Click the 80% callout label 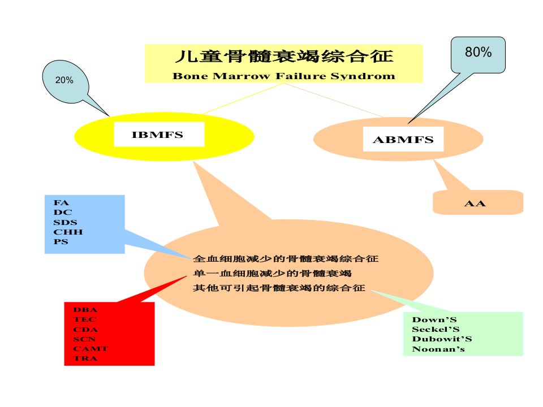pyautogui.click(x=478, y=52)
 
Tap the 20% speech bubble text pyautogui.click(x=64, y=80)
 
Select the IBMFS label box pyautogui.click(x=159, y=135)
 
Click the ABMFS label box pyautogui.click(x=403, y=139)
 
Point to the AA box pyautogui.click(x=478, y=202)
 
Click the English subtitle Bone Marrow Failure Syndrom pyautogui.click(x=283, y=76)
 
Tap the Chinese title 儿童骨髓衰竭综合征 pyautogui.click(x=285, y=57)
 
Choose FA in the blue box pyautogui.click(x=61, y=203)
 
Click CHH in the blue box pyautogui.click(x=68, y=232)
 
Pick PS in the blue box pyautogui.click(x=61, y=241)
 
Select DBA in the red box pyautogui.click(x=85, y=310)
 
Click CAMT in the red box pyautogui.click(x=90, y=349)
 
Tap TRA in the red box pyautogui.click(x=85, y=358)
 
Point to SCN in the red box pyautogui.click(x=84, y=339)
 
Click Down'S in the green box pyautogui.click(x=434, y=319)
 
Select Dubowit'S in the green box pyautogui.click(x=442, y=339)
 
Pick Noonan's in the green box pyautogui.click(x=438, y=349)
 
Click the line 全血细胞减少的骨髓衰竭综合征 pyautogui.click(x=286, y=258)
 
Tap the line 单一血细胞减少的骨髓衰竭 pyautogui.click(x=272, y=274)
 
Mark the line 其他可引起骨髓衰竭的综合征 pyautogui.click(x=279, y=288)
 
